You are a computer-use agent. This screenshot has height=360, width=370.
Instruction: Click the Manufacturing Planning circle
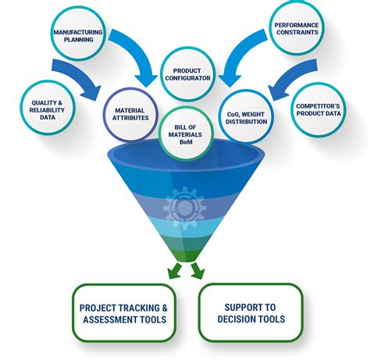click(x=78, y=34)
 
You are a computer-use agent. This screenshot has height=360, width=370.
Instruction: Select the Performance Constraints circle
click(x=297, y=28)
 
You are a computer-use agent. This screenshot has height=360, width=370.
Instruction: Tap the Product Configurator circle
click(x=188, y=74)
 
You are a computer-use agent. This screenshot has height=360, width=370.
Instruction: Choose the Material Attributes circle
click(x=130, y=115)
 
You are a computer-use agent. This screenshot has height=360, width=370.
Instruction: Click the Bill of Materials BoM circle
click(x=186, y=134)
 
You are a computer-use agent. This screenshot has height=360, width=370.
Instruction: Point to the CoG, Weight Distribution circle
click(x=247, y=116)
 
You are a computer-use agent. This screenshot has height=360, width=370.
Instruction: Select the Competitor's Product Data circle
click(x=318, y=109)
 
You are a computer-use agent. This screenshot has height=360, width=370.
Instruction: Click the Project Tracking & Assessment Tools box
click(x=124, y=312)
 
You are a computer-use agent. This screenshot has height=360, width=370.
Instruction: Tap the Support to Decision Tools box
click(x=251, y=312)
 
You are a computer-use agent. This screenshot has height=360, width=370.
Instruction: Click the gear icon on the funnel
click(x=185, y=208)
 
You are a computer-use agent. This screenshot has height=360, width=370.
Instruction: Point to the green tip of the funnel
click(x=186, y=255)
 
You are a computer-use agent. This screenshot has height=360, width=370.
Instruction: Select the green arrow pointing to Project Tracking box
click(x=175, y=271)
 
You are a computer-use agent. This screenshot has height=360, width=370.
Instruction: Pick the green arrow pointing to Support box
click(x=197, y=271)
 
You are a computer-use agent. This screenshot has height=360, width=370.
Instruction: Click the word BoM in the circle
click(x=186, y=142)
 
